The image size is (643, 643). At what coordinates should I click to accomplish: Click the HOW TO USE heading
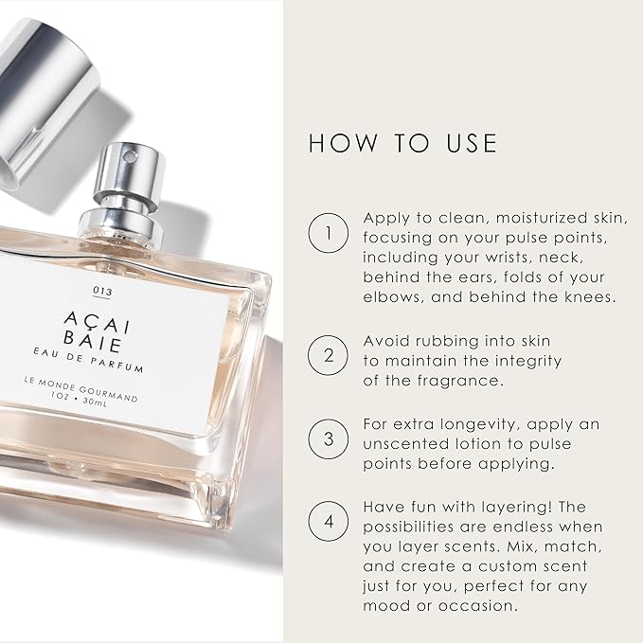point(402,143)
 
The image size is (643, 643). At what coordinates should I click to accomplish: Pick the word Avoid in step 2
point(386,340)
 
